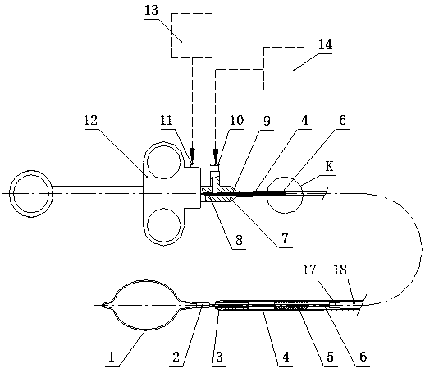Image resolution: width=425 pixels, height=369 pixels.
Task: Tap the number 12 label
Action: point(90,120)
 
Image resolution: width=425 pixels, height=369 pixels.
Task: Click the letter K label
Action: point(329,166)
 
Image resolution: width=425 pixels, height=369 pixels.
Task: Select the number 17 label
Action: point(309,270)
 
